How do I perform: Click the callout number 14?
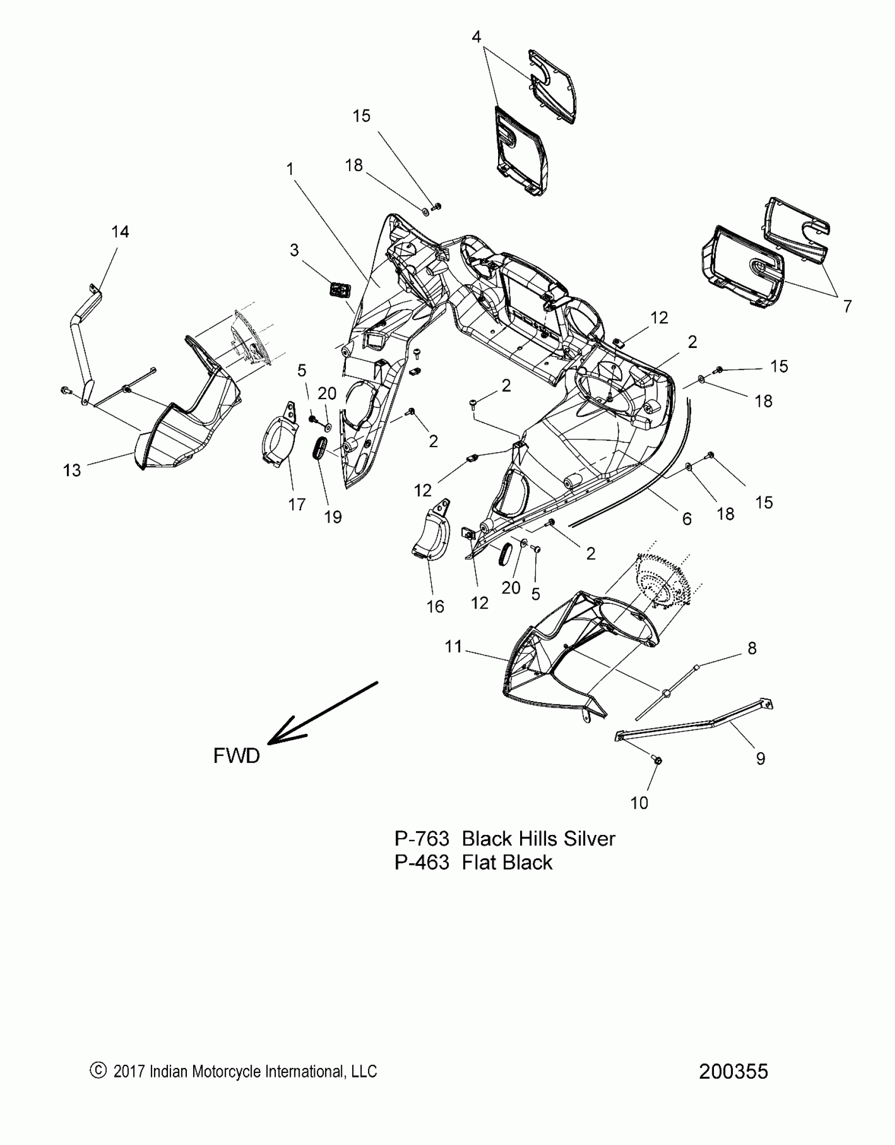click(120, 232)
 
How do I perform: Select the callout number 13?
click(72, 470)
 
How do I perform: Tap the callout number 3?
click(294, 250)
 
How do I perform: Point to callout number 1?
click(290, 169)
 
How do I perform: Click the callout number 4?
click(476, 37)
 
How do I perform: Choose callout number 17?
click(297, 504)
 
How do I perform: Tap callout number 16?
click(435, 606)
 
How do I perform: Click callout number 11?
click(453, 646)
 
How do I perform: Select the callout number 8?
click(752, 649)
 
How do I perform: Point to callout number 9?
click(760, 758)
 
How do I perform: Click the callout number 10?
click(639, 803)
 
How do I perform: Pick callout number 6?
click(687, 519)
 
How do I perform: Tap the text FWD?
click(236, 756)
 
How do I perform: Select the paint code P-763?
click(422, 839)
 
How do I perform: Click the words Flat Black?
click(507, 862)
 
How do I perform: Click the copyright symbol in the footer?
click(98, 1071)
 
